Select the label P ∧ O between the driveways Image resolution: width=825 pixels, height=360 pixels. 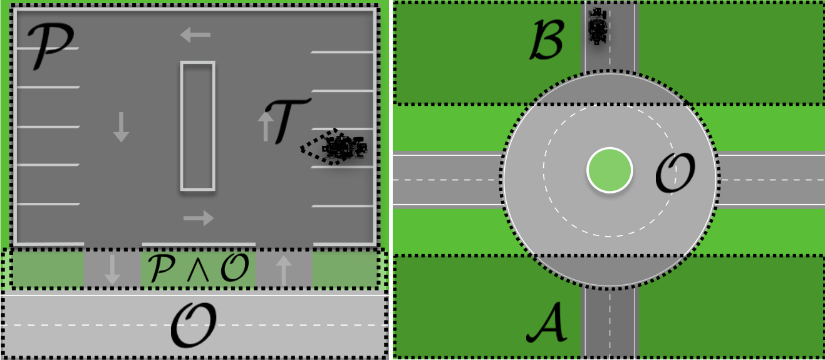pyautogui.click(x=199, y=268)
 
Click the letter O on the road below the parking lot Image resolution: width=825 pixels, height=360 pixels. pyautogui.click(x=194, y=326)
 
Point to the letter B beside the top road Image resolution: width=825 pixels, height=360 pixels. pyautogui.click(x=547, y=39)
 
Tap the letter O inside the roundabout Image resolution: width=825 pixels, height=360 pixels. pyautogui.click(x=675, y=173)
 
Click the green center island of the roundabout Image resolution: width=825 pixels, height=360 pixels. pyautogui.click(x=610, y=170)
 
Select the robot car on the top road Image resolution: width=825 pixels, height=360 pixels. pyautogui.click(x=597, y=26)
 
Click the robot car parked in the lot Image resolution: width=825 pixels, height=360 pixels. pyautogui.click(x=344, y=148)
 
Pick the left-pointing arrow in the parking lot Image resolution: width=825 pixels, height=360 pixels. pyautogui.click(x=195, y=34)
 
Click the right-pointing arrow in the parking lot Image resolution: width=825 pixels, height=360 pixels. pyautogui.click(x=199, y=218)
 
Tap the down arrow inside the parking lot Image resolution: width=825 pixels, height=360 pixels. pyautogui.click(x=121, y=127)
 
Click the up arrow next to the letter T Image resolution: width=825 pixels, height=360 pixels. pyautogui.click(x=266, y=126)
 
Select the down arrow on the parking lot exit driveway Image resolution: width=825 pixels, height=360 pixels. pyautogui.click(x=112, y=269)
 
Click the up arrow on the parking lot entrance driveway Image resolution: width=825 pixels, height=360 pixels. pyautogui.click(x=284, y=270)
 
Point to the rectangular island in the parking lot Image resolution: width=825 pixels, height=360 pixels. pyautogui.click(x=198, y=126)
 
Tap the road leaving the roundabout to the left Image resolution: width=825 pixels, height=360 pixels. pyautogui.click(x=447, y=180)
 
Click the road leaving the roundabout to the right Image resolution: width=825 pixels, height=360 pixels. pyautogui.click(x=771, y=180)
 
